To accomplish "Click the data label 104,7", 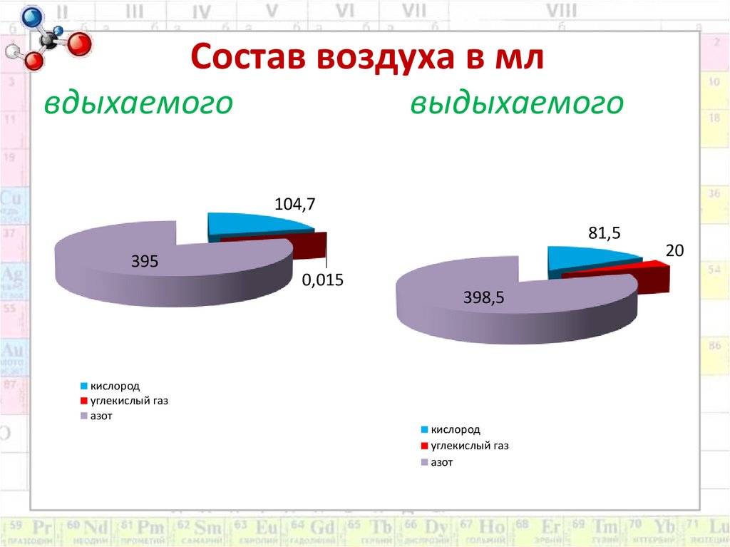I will point(294,205).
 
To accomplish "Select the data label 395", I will point(144,262).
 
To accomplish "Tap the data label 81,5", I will point(605,233).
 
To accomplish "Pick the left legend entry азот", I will point(101,416).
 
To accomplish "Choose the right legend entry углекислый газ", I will point(471,446).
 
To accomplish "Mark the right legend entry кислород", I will point(456,430).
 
